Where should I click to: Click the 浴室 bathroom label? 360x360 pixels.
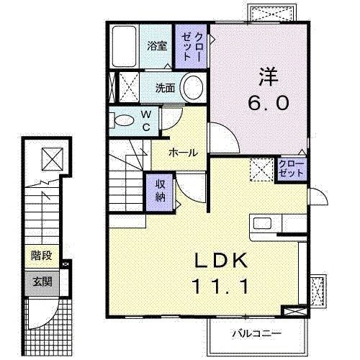[157, 45]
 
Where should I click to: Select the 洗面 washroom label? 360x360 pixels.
[166, 89]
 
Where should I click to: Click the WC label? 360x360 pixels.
[145, 120]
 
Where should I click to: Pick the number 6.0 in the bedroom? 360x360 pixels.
[269, 103]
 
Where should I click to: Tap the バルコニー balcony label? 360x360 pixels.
[256, 333]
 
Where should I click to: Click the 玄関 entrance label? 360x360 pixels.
[42, 281]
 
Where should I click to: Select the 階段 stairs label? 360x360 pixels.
[42, 255]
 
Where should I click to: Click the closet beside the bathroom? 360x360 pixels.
[192, 45]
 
